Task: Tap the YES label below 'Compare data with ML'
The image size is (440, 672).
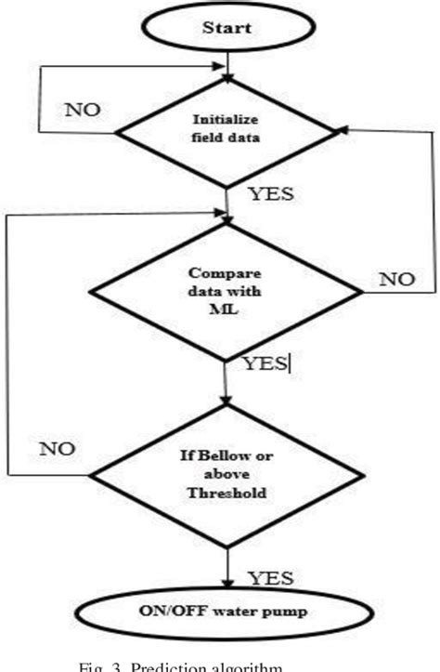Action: coord(264,364)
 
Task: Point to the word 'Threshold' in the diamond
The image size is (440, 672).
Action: coord(226,494)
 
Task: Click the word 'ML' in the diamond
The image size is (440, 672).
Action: coord(226,311)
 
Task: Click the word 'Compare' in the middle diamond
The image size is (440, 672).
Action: coord(226,274)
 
